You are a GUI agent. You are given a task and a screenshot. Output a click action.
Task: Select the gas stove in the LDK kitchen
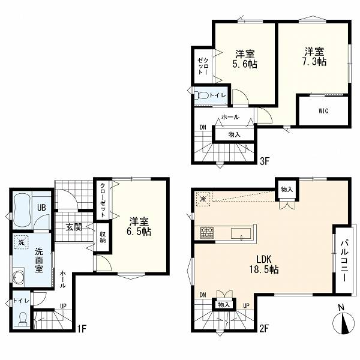207,232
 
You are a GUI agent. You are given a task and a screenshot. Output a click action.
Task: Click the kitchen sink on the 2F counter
241,234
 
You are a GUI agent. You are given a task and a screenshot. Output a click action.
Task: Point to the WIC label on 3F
323,111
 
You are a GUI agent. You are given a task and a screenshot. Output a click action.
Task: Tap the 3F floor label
264,161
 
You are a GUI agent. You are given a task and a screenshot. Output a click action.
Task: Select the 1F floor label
81,329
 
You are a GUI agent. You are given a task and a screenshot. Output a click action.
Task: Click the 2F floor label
264,328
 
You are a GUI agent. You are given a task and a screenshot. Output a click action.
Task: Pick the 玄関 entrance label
74,227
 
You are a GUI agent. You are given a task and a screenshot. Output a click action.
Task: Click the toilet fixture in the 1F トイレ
23,319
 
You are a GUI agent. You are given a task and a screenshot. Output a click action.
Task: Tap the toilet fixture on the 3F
202,95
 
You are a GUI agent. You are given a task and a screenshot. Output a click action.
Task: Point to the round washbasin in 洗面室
19,277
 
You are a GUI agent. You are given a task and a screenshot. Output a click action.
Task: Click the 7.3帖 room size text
314,62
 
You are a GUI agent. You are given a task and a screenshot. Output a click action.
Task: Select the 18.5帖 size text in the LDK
264,269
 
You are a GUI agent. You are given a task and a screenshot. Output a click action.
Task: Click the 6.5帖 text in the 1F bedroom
139,232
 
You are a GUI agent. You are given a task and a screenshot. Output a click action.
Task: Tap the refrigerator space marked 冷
203,199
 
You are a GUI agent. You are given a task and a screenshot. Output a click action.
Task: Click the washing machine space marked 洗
22,242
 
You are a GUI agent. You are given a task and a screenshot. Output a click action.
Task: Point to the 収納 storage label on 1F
103,238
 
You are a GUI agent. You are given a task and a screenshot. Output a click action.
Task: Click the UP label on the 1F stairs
63,306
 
